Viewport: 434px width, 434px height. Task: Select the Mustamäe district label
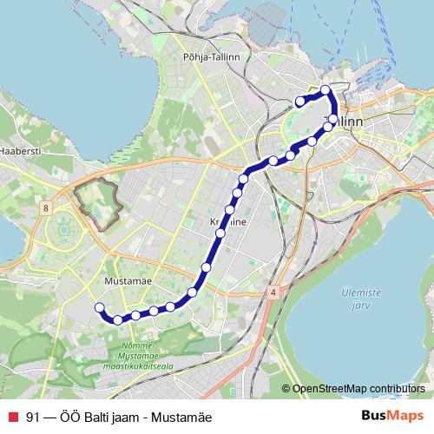(128, 281)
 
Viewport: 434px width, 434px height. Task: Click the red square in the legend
(13, 416)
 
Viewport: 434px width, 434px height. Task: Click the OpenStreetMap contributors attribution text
(358, 388)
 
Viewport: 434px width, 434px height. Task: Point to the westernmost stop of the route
(99, 306)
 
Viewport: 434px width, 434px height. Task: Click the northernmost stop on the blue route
(325, 89)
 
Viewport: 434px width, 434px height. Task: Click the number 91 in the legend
(34, 416)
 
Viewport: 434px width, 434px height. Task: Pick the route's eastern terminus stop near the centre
(300, 102)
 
